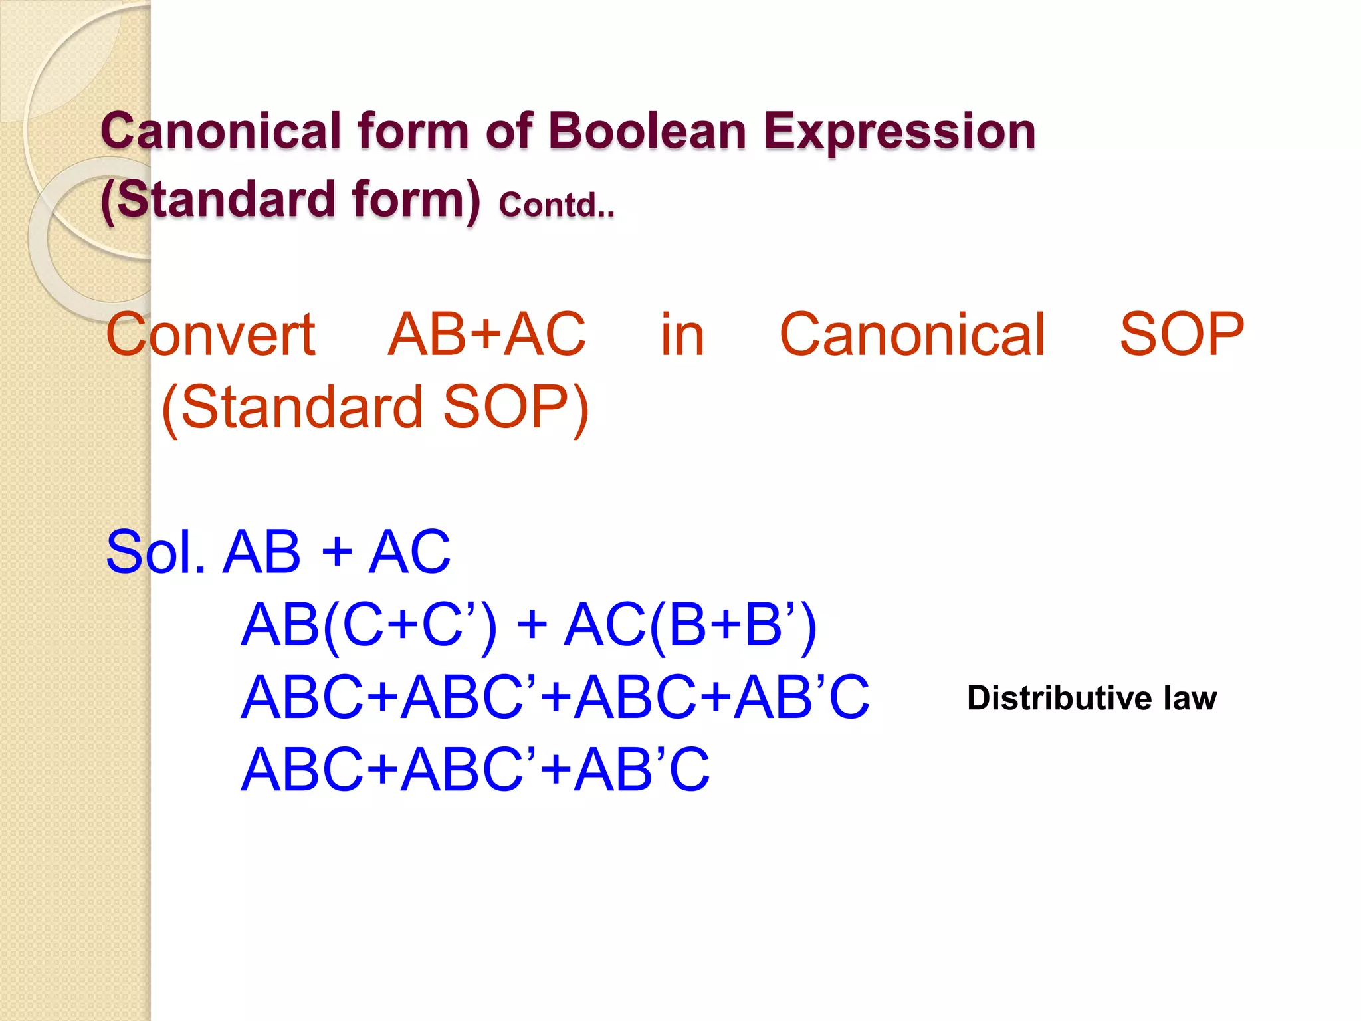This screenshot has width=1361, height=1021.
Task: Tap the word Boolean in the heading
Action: pyautogui.click(x=648, y=131)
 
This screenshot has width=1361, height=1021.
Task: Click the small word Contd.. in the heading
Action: pyautogui.click(x=557, y=205)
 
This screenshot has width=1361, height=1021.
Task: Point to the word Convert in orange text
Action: pyautogui.click(x=210, y=335)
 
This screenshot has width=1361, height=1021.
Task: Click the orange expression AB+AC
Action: pyautogui.click(x=486, y=335)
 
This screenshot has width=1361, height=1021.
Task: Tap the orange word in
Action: pyautogui.click(x=682, y=335)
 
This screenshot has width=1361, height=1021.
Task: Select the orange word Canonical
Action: pyautogui.click(x=912, y=335)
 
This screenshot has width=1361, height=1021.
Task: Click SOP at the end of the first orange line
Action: pyautogui.click(x=1181, y=335)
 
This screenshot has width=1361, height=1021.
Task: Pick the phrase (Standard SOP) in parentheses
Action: pyautogui.click(x=375, y=407)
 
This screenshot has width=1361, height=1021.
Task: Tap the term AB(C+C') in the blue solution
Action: pyautogui.click(x=369, y=625)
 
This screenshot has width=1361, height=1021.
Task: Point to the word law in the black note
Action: pyautogui.click(x=1190, y=698)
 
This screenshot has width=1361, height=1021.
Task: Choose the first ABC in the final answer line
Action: pyautogui.click(x=302, y=770)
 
